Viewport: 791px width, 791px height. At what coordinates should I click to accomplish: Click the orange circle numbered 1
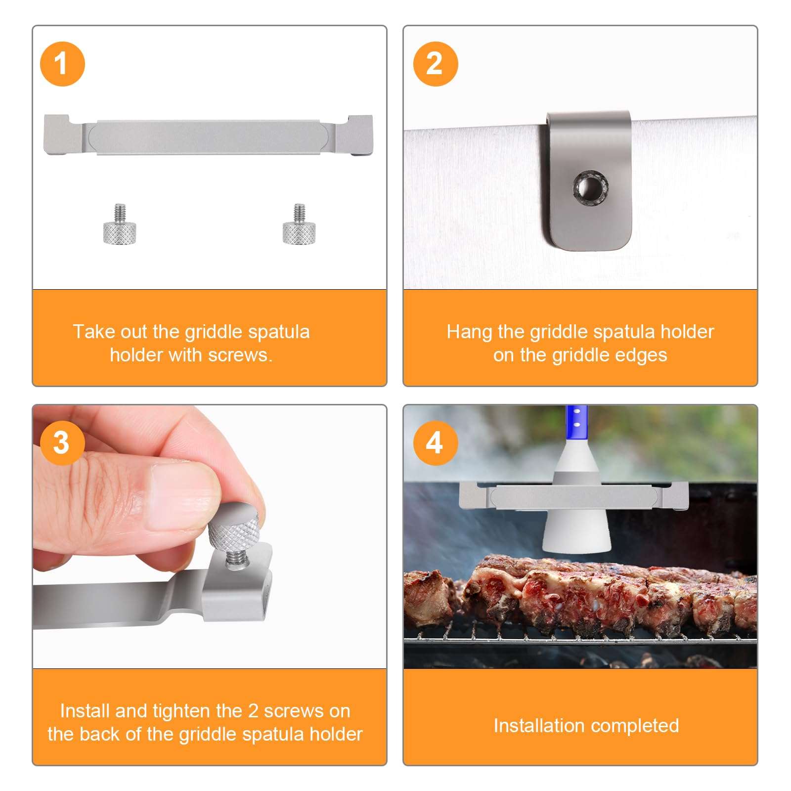[x=62, y=64]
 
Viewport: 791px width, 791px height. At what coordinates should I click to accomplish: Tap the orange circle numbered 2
[x=435, y=64]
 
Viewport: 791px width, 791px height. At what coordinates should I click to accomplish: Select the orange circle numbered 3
[x=62, y=443]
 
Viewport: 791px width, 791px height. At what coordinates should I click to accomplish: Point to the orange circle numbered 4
[x=435, y=443]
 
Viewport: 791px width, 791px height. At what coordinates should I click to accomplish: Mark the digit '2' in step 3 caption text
[x=253, y=711]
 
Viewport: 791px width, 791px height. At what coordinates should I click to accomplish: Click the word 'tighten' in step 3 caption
[x=181, y=711]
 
